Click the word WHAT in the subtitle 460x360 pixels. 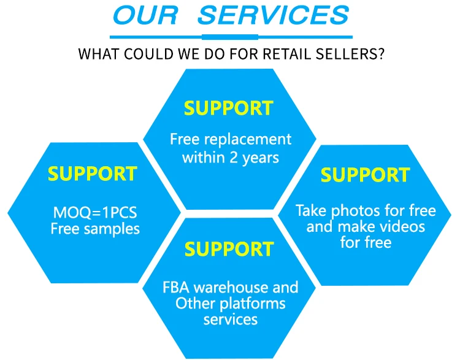(x=98, y=53)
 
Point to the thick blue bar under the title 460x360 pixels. (x=231, y=36)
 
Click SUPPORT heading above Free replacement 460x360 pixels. (x=229, y=108)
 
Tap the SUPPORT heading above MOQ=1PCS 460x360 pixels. (x=92, y=174)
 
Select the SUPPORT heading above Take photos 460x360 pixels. (x=365, y=175)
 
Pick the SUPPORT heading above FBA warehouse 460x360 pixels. (x=229, y=249)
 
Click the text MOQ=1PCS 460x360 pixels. (x=95, y=215)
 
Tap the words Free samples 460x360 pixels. (x=95, y=229)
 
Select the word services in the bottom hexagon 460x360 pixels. (x=230, y=319)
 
